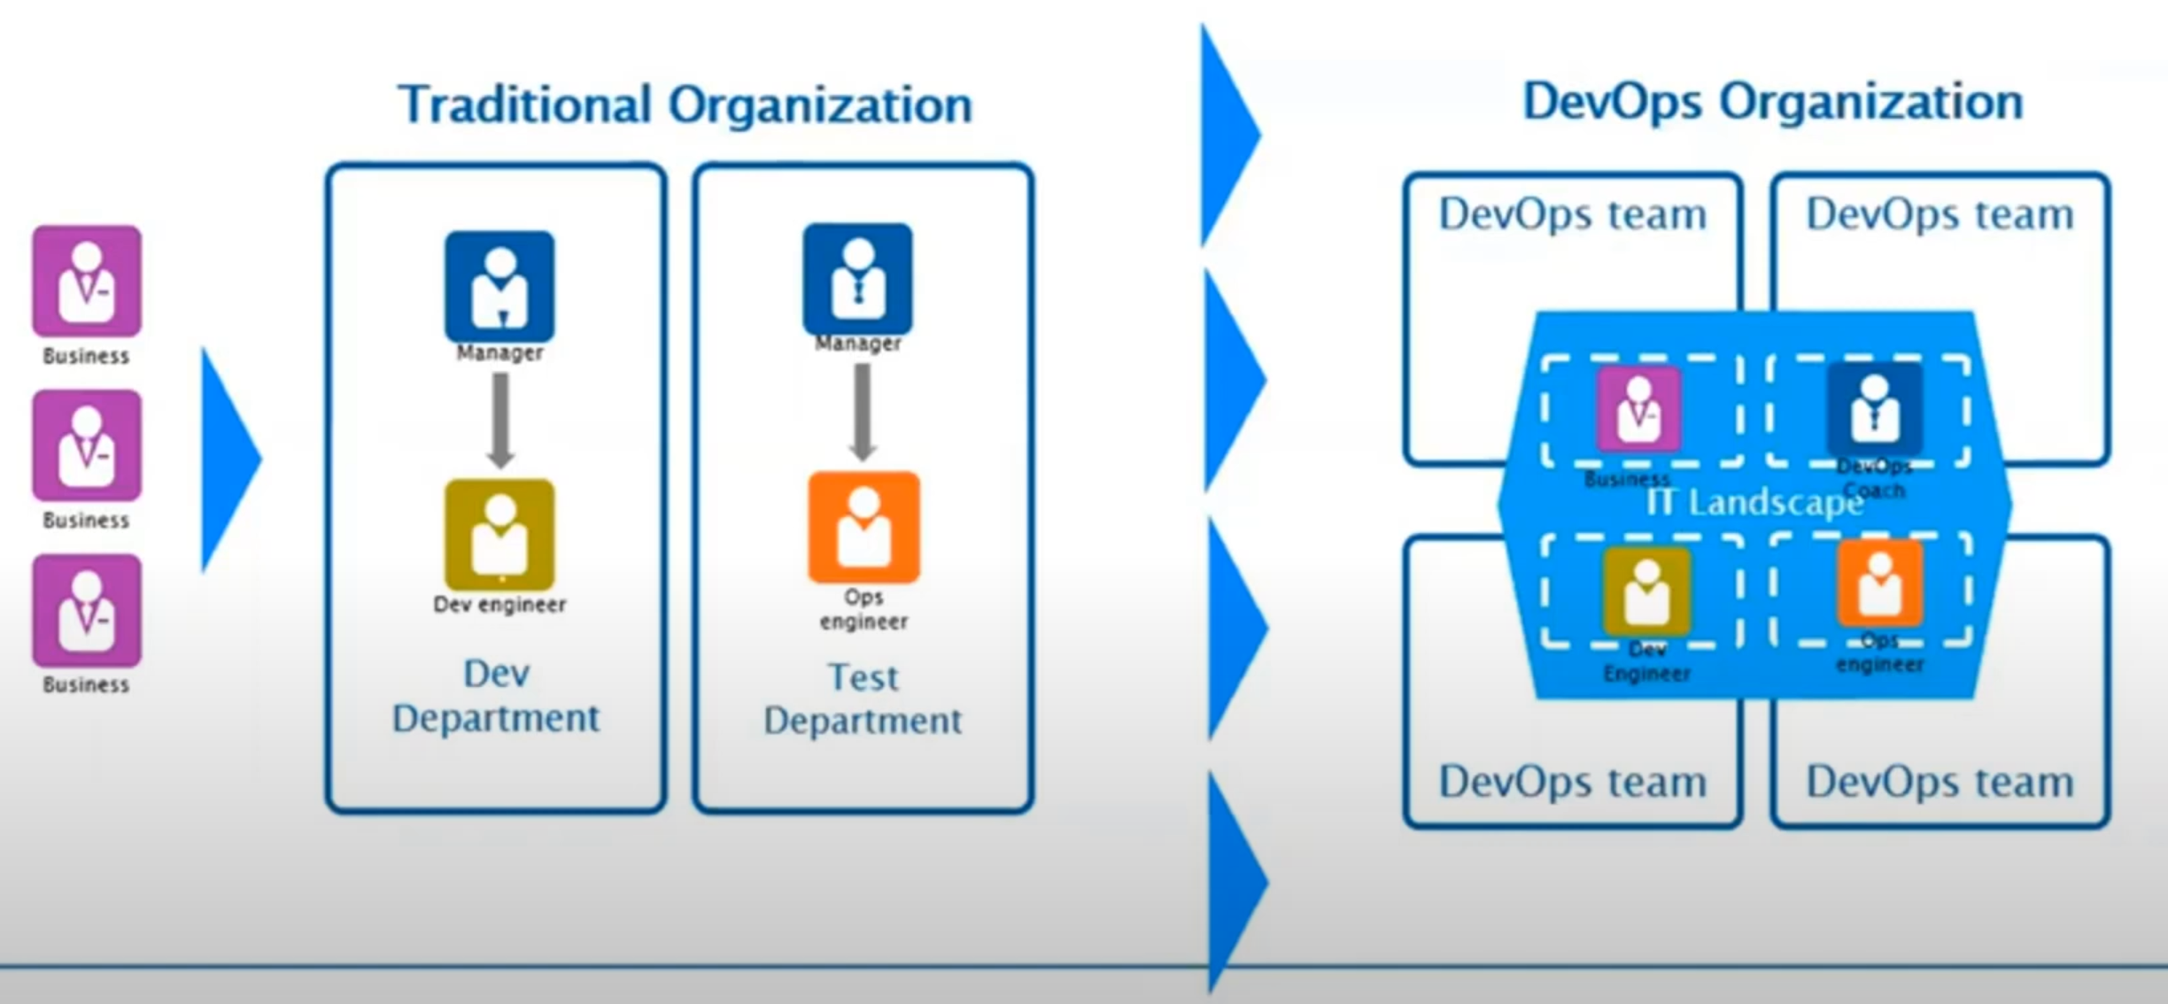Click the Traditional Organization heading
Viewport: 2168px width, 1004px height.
pyautogui.click(x=685, y=105)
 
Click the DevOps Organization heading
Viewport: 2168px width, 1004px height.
pyautogui.click(x=1772, y=102)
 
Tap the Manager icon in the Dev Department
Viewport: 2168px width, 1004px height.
pyautogui.click(x=499, y=286)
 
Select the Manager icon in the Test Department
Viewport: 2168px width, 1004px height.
pyautogui.click(x=857, y=279)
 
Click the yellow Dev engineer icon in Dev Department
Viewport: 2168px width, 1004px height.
pyautogui.click(x=499, y=535)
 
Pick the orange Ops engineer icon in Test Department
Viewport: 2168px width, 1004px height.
pyautogui.click(x=863, y=528)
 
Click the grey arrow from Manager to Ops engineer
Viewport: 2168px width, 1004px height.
pyautogui.click(x=862, y=413)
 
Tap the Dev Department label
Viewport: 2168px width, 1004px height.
pyautogui.click(x=496, y=696)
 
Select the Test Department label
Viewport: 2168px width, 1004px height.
pyautogui.click(x=863, y=699)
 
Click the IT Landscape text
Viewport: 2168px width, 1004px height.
pyautogui.click(x=1754, y=503)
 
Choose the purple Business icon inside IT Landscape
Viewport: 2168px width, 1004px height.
pyautogui.click(x=1638, y=410)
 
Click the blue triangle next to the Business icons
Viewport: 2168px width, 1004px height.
pyautogui.click(x=227, y=460)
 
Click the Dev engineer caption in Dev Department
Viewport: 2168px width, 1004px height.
pyautogui.click(x=499, y=605)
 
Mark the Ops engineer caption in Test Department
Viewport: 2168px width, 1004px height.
pyautogui.click(x=863, y=609)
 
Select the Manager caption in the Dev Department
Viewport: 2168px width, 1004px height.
pyautogui.click(x=499, y=352)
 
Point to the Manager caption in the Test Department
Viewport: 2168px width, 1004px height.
pyautogui.click(x=857, y=344)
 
